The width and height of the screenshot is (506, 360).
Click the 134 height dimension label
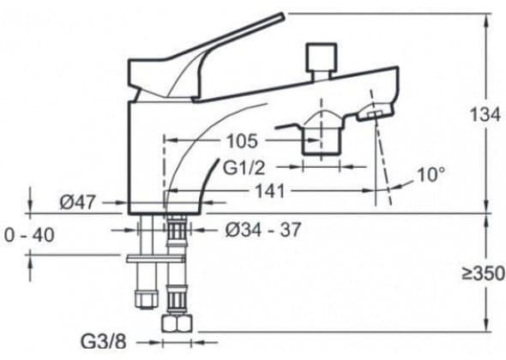[485, 115]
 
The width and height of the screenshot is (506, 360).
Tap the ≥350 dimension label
[483, 273]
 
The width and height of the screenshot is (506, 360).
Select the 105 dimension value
[243, 141]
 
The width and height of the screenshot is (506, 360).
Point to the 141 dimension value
[270, 191]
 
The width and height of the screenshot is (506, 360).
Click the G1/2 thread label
[244, 168]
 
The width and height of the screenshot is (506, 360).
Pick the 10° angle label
[431, 175]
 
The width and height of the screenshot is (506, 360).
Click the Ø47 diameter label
[78, 202]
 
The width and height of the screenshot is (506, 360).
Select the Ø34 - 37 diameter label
[263, 230]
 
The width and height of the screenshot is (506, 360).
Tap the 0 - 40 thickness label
[29, 235]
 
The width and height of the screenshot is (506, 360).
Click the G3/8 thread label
[103, 342]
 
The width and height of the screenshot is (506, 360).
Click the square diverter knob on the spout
[322, 57]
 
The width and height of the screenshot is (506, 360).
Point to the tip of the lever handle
[283, 15]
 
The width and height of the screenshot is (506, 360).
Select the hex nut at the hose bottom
[177, 323]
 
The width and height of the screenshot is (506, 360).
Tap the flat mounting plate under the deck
[156, 258]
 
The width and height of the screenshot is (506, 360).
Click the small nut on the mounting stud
[147, 298]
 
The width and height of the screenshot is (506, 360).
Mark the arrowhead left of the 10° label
[395, 187]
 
